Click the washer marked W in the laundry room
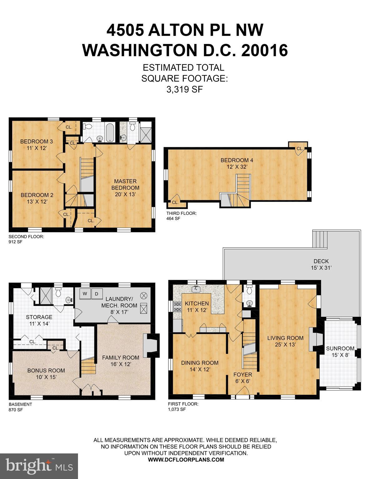point(85,294)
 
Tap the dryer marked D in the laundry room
point(97,294)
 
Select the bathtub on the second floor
point(110,133)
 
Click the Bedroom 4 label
point(237,163)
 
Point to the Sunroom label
point(340,351)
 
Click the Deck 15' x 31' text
point(321,264)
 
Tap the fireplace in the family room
point(151,346)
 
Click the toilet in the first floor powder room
point(249,290)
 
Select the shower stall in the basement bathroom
point(46,296)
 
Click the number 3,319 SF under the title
point(185,90)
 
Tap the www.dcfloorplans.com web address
point(186,459)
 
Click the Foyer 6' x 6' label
point(243,378)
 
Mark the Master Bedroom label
point(125,188)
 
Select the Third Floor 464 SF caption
point(181,216)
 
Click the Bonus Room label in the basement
point(46,374)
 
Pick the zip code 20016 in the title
point(265,50)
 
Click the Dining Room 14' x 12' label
point(200,366)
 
